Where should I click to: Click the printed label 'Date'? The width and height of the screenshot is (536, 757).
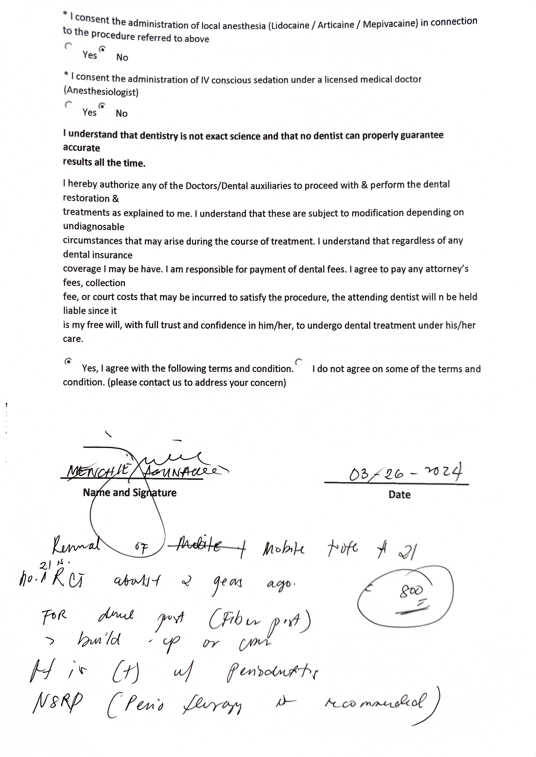[x=399, y=495]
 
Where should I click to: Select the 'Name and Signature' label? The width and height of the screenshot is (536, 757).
[x=129, y=493]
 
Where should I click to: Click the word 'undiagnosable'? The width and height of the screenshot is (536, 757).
[x=94, y=227]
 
